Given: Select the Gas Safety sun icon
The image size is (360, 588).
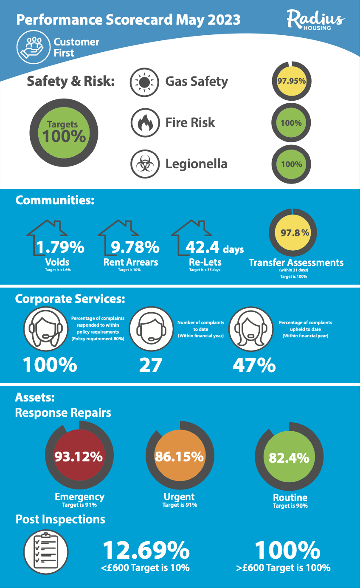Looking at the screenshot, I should pos(145,81).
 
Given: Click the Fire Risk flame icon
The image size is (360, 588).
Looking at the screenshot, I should pos(145,123).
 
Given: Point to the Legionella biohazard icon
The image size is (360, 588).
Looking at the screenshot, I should pos(145,164).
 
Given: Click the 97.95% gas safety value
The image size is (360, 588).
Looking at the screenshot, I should pos(291,81).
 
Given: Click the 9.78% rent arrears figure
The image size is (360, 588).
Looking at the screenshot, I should pos(135,247).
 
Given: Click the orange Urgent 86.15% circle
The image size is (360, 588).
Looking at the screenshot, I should pos(179,457).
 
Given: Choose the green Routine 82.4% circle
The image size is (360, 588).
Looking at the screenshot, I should pos(289,458).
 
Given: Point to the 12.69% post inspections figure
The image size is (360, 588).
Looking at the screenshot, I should pos(146,551).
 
